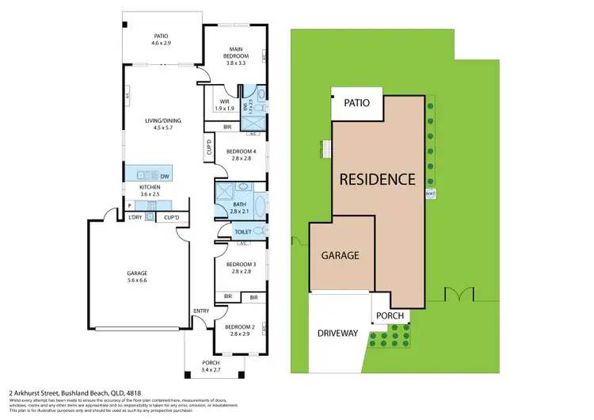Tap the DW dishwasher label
coord(165,176)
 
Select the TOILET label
coord(244,232)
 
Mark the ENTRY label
coord(201,311)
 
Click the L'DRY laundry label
coord(135,217)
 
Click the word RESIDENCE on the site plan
coord(377,179)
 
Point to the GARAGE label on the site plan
coord(340,256)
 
